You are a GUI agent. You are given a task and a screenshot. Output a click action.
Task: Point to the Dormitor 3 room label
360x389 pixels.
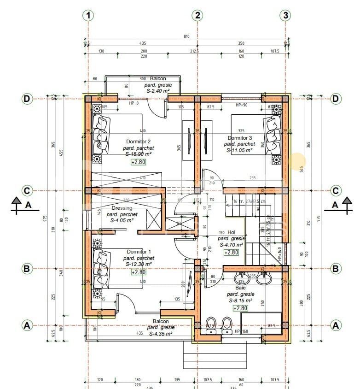point(240,138)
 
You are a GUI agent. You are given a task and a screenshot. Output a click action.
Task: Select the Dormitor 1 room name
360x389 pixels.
point(139,252)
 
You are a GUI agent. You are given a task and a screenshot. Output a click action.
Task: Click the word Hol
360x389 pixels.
point(231,233)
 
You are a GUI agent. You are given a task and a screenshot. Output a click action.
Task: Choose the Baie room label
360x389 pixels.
point(240,287)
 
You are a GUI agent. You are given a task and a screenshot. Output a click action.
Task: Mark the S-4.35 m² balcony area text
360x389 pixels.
point(160,333)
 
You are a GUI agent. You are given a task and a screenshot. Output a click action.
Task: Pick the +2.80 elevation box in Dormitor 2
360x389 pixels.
point(138,162)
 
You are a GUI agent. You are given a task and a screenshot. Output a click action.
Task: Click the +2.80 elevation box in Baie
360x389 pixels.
point(241,308)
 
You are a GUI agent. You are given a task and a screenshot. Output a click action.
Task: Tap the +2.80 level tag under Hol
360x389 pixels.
point(231,252)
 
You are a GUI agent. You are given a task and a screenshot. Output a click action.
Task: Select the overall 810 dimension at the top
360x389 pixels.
point(186,36)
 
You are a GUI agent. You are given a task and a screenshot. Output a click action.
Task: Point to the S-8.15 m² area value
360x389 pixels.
point(240,300)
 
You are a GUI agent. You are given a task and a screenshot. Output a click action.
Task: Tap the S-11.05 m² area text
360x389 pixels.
point(239,150)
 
